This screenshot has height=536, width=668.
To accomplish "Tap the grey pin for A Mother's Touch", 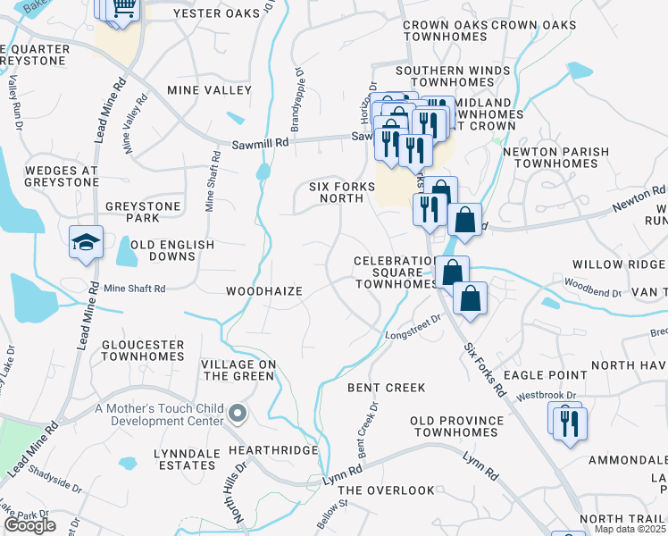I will pyautogui.click(x=238, y=412).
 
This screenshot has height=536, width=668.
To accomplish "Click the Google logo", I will pyautogui.click(x=29, y=525).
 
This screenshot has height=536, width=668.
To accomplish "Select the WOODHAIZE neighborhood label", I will pyautogui.click(x=263, y=291).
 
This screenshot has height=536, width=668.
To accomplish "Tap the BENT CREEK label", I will pyautogui.click(x=386, y=388).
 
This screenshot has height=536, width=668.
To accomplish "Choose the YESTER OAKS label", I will pyautogui.click(x=216, y=13).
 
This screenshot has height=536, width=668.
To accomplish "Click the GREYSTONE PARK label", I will pyautogui.click(x=143, y=213).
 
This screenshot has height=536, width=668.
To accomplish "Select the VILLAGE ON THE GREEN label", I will pyautogui.click(x=238, y=370).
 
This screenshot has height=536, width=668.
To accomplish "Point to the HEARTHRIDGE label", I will pyautogui.click(x=272, y=450).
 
